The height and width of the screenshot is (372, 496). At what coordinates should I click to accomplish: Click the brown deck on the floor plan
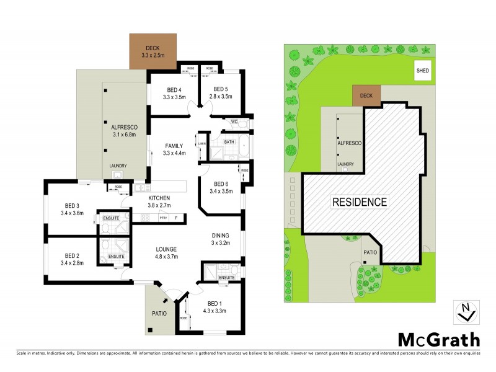click(x=153, y=51)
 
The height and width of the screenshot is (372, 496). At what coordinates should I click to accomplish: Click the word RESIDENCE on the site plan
click(x=360, y=201)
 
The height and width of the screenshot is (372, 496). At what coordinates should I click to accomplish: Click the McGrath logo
click(x=438, y=339)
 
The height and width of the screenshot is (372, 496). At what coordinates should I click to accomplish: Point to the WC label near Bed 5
click(x=234, y=122)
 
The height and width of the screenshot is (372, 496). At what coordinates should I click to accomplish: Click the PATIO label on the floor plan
click(x=159, y=314)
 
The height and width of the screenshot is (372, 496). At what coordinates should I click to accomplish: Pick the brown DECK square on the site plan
click(x=366, y=95)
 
